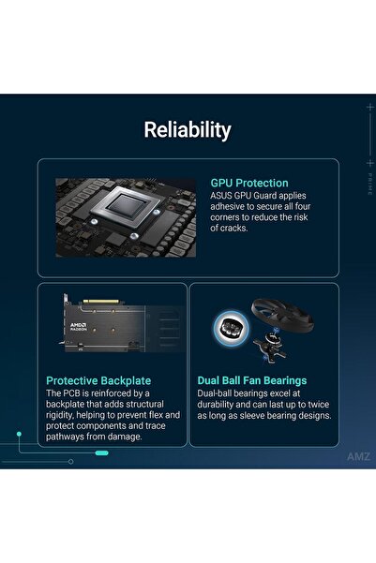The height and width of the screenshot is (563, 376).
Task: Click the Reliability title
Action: (x=188, y=130)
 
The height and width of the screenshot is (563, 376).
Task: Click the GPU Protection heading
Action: (x=249, y=183)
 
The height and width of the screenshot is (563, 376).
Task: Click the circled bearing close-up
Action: (x=229, y=325)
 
